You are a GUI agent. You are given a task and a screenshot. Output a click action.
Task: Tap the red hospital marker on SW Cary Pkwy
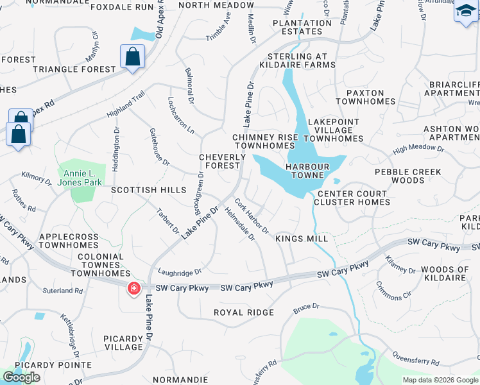click(x=134, y=289)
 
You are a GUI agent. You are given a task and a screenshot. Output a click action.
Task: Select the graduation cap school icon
click(x=466, y=12)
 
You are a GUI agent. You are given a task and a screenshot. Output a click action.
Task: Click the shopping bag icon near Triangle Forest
click(x=132, y=56)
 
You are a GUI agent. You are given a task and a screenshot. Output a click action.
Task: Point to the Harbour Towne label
click(x=308, y=171)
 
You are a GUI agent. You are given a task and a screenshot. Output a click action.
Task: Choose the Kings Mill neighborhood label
click(x=302, y=239)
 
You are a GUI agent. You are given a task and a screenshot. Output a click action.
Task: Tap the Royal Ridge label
click(x=244, y=312)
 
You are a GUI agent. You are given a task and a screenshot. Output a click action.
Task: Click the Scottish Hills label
click(x=148, y=191)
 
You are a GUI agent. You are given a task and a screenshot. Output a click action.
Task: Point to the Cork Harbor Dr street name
click(x=251, y=216)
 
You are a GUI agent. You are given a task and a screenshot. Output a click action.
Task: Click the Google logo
click(x=22, y=377)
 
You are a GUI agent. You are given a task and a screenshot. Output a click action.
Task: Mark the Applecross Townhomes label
click(x=69, y=241)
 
